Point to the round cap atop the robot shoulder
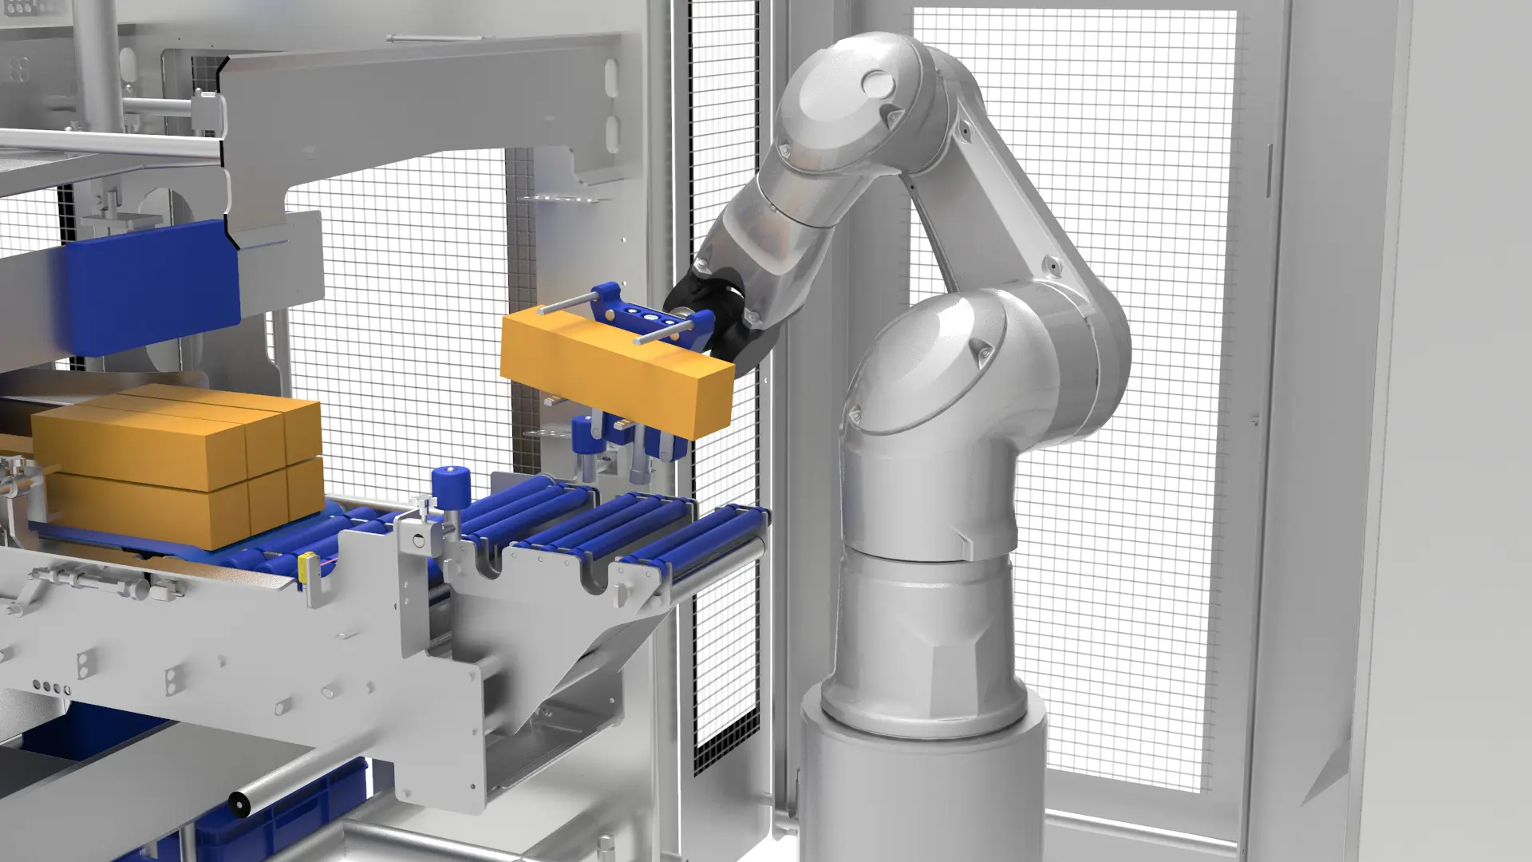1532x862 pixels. [878, 83]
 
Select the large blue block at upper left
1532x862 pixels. [152, 287]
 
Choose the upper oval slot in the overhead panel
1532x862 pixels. [611, 76]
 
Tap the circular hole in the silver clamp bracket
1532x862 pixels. [419, 541]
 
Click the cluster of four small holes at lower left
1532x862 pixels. [53, 686]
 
